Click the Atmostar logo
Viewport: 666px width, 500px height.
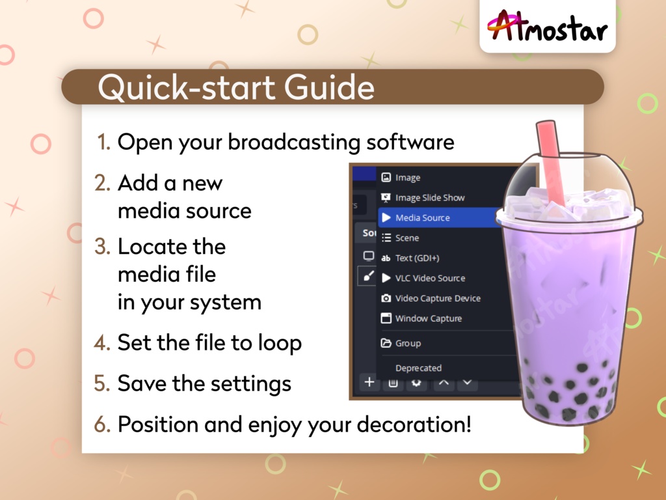point(547,27)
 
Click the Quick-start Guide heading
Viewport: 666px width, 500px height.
point(236,87)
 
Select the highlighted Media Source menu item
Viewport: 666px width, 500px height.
point(422,217)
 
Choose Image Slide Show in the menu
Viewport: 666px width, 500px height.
point(429,197)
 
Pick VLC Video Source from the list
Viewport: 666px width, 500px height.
point(430,278)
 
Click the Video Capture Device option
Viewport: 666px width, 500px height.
point(438,298)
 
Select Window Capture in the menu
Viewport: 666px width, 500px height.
point(428,318)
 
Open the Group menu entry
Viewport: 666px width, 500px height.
point(408,343)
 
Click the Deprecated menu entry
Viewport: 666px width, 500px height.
point(418,368)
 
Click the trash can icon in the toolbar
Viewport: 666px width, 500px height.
point(393,383)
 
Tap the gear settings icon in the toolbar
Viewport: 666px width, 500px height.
point(416,383)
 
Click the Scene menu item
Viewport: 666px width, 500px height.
point(406,238)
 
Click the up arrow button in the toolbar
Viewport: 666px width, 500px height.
point(444,383)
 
